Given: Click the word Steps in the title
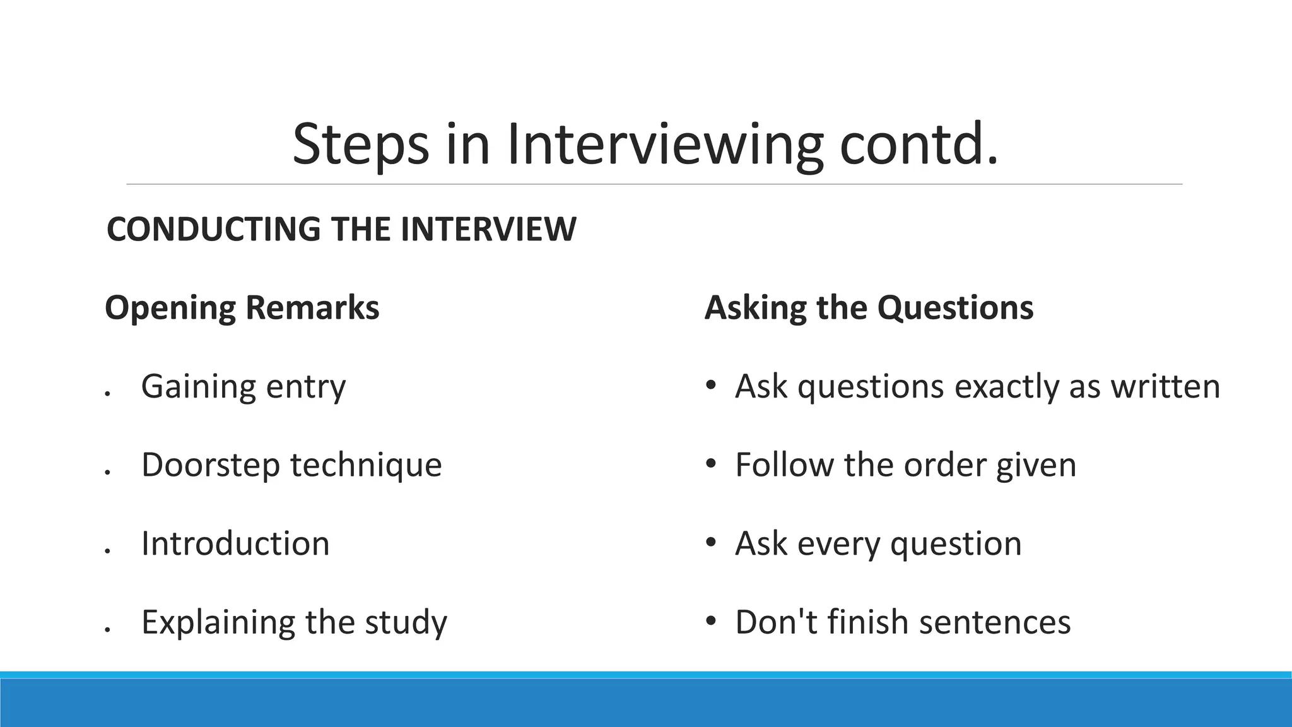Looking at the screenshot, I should (x=360, y=145).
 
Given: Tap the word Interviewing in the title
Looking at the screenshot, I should (x=665, y=145).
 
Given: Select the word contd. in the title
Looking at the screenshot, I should (x=919, y=145).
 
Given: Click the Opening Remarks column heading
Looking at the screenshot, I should (x=242, y=308).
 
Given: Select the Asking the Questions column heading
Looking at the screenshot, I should (x=869, y=308).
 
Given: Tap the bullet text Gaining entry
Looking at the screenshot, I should (x=244, y=386).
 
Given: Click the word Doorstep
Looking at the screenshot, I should (x=211, y=465).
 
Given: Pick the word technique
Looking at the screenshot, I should (x=366, y=465).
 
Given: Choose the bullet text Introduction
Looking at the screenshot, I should (x=235, y=543).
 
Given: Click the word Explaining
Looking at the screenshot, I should (x=218, y=622).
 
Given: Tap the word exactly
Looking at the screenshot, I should (x=1006, y=386).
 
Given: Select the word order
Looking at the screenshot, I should (x=944, y=465).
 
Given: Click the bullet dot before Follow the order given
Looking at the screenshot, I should (x=711, y=464).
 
